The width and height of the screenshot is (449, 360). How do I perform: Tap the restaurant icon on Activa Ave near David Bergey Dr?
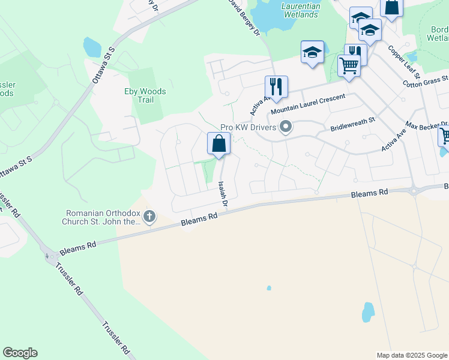[x=276, y=86]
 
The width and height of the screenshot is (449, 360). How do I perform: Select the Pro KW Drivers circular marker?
[x=286, y=127]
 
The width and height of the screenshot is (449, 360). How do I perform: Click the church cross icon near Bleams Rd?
[x=149, y=216]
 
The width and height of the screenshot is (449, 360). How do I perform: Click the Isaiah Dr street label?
[x=223, y=194]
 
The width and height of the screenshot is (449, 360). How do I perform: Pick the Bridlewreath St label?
[x=352, y=124]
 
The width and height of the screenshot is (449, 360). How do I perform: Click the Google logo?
[x=20, y=353]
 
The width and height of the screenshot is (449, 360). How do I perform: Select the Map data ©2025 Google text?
[x=412, y=355]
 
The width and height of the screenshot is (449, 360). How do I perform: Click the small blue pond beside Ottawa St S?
[x=92, y=46]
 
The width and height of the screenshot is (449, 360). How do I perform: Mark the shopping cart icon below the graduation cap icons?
[x=348, y=65]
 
